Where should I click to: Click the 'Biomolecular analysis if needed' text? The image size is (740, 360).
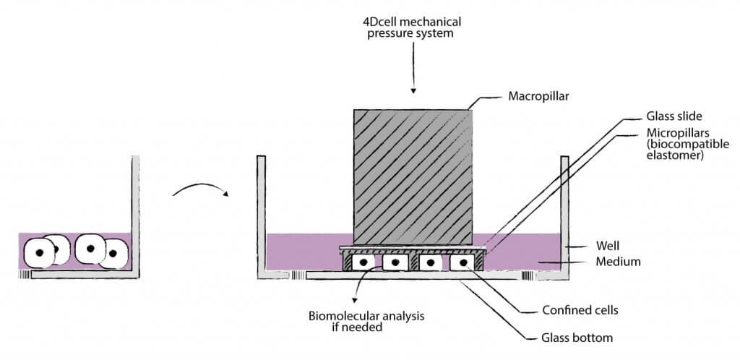point(351,320)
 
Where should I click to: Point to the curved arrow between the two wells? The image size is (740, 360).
point(200,189)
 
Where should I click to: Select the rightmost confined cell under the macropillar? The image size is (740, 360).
point(463,262)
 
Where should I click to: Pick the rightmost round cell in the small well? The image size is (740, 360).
point(113,254)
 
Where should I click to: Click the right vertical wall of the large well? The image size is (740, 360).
point(564,213)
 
